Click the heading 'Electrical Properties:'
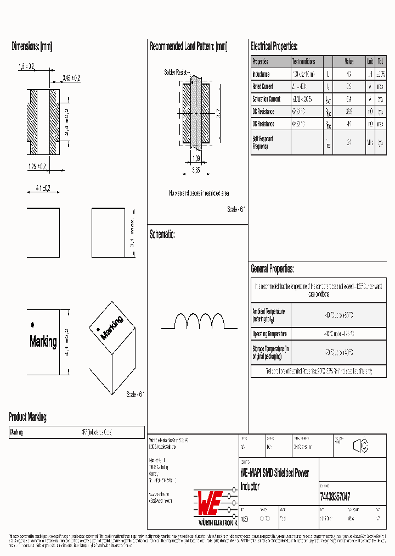coord(274,46)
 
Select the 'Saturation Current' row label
coord(266,99)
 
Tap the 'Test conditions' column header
coord(303,62)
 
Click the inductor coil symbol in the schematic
coord(199,321)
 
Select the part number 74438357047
coord(335,497)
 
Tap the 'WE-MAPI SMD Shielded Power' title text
coord(274,473)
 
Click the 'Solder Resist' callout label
coord(176,72)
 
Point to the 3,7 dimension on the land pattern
coord(218,113)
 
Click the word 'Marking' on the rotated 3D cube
coord(112,327)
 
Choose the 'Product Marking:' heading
coord(28,417)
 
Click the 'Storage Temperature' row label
coord(270,352)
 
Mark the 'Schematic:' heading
coord(162,235)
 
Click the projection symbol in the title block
coord(360,447)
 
